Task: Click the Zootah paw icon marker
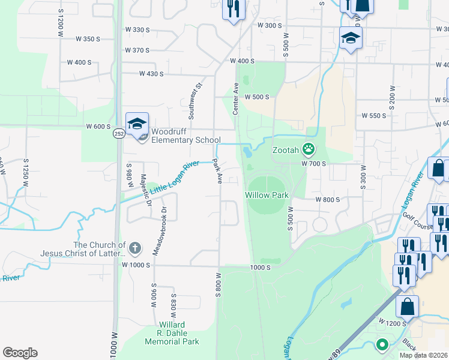(309, 148)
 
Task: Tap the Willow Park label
(267, 195)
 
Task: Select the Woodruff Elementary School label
(186, 136)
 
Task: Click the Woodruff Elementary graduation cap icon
(137, 124)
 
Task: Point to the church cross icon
(136, 247)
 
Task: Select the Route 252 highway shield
(119, 134)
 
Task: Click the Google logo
(20, 353)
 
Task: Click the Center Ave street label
(236, 98)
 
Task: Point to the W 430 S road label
(151, 74)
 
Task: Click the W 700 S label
(313, 164)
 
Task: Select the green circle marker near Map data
(381, 345)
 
